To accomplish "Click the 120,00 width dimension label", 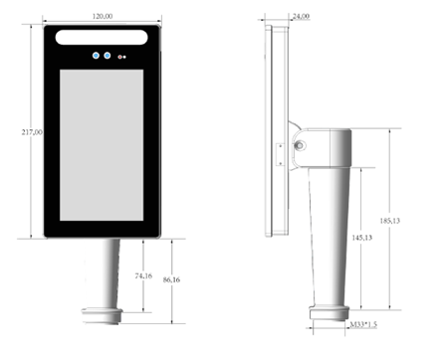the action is click(103, 16).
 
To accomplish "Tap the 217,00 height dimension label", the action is click(32, 132).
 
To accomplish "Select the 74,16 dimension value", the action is click(143, 275).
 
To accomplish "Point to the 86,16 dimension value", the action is click(171, 279).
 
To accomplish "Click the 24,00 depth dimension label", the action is click(301, 16).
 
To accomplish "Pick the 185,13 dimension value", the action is click(390, 221).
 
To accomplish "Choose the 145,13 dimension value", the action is click(362, 238).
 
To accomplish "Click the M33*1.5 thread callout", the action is click(363, 324).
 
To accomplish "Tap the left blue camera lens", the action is click(96, 56).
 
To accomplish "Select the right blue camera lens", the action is click(108, 56).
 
